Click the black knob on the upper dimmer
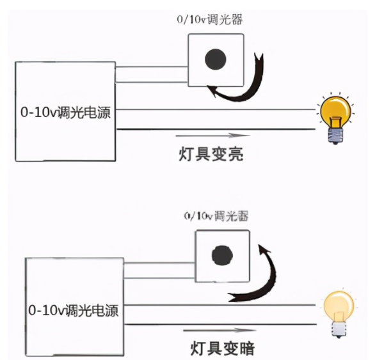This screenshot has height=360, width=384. (215, 59)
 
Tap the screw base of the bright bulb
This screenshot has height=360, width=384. (334, 135)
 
